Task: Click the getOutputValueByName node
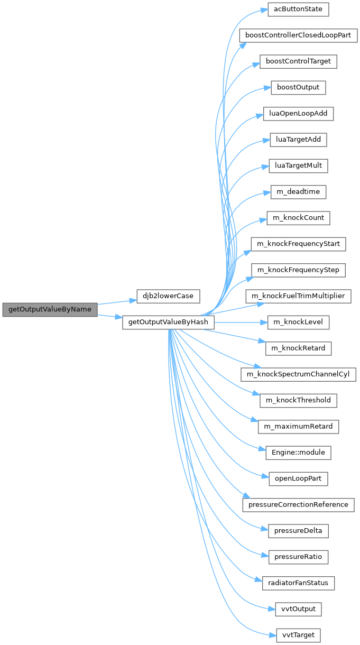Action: coord(50,309)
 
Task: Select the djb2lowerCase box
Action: coord(168,296)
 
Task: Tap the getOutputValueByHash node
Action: coord(168,322)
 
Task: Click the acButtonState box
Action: coord(298,10)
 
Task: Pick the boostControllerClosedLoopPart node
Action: coord(298,35)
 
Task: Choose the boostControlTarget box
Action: coord(298,62)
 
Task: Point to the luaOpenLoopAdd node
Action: coord(298,114)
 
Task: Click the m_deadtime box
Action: coord(298,192)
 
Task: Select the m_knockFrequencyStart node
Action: coord(298,244)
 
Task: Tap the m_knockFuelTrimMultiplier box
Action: coord(298,296)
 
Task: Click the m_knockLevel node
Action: coord(298,322)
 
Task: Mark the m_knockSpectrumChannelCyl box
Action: coord(298,374)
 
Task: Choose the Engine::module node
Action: coord(298,453)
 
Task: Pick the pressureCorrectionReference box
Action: coord(298,505)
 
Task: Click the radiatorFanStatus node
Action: coord(298,583)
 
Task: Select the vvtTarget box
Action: coord(298,635)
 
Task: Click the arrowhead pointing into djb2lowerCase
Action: coord(133,300)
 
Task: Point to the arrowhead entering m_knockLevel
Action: coord(264,322)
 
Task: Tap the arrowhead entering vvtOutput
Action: coord(272,609)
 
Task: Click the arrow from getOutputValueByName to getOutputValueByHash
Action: coord(110,317)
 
